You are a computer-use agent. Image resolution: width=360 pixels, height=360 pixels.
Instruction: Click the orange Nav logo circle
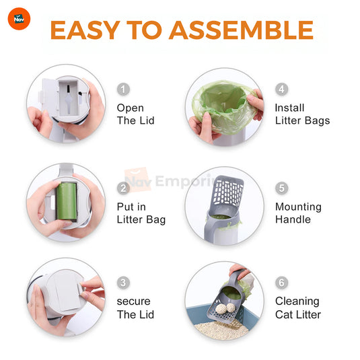19,19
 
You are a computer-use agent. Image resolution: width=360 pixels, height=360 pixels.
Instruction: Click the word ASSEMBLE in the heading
241,30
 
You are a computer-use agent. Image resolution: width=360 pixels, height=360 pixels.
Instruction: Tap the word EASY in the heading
85,30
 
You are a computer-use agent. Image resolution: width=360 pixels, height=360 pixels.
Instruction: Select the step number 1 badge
123,89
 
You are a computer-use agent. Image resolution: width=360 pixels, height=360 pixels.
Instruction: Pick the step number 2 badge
123,188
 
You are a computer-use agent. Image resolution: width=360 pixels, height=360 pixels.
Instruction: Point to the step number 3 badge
123,283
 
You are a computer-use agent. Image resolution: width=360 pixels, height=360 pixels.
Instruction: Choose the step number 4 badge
282,89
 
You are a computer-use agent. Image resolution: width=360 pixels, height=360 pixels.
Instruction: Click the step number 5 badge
282,188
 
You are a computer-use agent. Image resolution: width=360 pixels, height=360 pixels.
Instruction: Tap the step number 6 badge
282,283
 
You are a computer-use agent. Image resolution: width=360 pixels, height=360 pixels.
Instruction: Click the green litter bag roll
67,201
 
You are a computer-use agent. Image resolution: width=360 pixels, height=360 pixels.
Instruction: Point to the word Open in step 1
131,108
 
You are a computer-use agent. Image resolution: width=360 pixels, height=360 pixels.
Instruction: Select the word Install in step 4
290,108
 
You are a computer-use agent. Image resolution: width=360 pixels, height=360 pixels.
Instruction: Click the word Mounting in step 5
298,207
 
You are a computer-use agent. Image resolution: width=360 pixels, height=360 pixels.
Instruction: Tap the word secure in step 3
134,301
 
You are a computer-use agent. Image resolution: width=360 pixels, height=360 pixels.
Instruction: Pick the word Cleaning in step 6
297,301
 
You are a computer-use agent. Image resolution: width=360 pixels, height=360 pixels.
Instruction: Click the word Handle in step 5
293,219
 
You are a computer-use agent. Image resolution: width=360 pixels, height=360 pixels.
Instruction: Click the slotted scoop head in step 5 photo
227,193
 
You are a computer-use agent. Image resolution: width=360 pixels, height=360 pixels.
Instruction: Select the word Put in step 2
125,207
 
